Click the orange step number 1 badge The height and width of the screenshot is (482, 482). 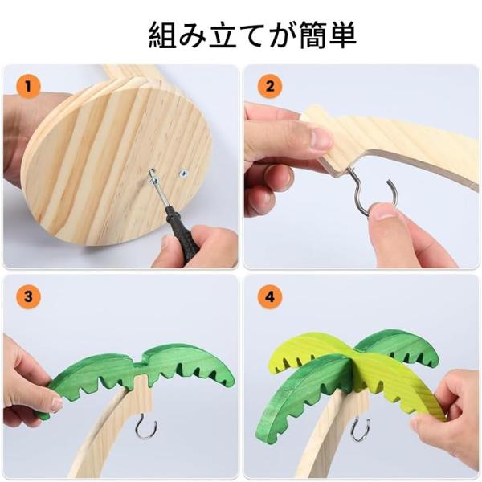[x=28, y=86]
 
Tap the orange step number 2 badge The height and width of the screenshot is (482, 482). [x=270, y=86]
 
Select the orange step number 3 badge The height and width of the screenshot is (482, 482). [x=28, y=297]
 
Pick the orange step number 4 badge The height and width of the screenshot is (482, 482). [x=270, y=297]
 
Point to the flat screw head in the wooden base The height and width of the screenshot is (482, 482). [x=183, y=174]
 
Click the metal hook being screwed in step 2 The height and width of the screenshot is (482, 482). [x=373, y=193]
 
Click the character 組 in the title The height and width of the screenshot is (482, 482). [x=162, y=35]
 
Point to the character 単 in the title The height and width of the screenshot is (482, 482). [x=343, y=35]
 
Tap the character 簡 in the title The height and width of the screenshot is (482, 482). [x=313, y=35]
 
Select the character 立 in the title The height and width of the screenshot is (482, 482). [x=223, y=35]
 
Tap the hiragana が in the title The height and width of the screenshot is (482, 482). [x=283, y=35]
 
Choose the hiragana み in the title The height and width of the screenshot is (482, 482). [x=193, y=35]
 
